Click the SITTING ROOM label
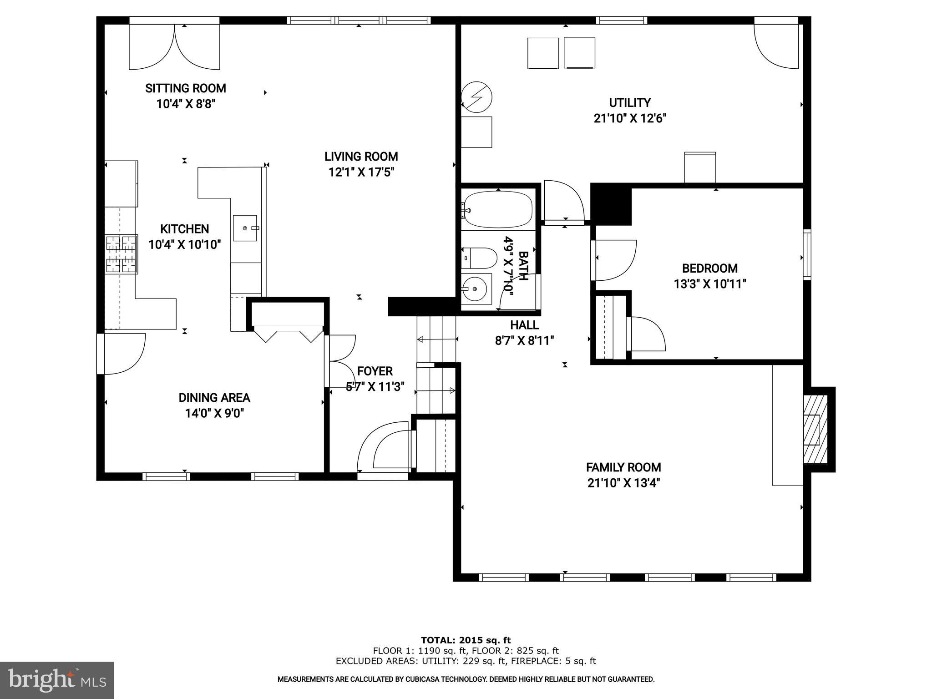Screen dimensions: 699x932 point(185,88)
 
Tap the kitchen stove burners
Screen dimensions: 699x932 point(122,254)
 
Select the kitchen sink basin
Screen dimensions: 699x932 point(245,228)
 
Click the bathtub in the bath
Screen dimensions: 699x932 point(498,209)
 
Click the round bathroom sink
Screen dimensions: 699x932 point(475,288)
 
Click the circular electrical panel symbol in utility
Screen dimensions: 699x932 point(476,97)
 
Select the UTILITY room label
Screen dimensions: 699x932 point(630,102)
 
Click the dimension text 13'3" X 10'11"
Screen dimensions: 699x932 point(710,284)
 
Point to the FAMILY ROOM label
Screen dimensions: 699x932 point(623,467)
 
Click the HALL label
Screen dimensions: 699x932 point(524,325)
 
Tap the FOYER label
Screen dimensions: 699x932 point(375,371)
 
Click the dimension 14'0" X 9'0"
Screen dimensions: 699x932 point(214,413)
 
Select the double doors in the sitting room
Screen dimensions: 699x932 point(175,46)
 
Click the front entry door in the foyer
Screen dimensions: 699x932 point(385,448)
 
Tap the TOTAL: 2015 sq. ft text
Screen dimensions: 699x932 point(466,640)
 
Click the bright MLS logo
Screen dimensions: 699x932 point(56,680)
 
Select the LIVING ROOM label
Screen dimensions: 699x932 point(361,157)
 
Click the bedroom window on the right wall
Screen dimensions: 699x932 point(807,254)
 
